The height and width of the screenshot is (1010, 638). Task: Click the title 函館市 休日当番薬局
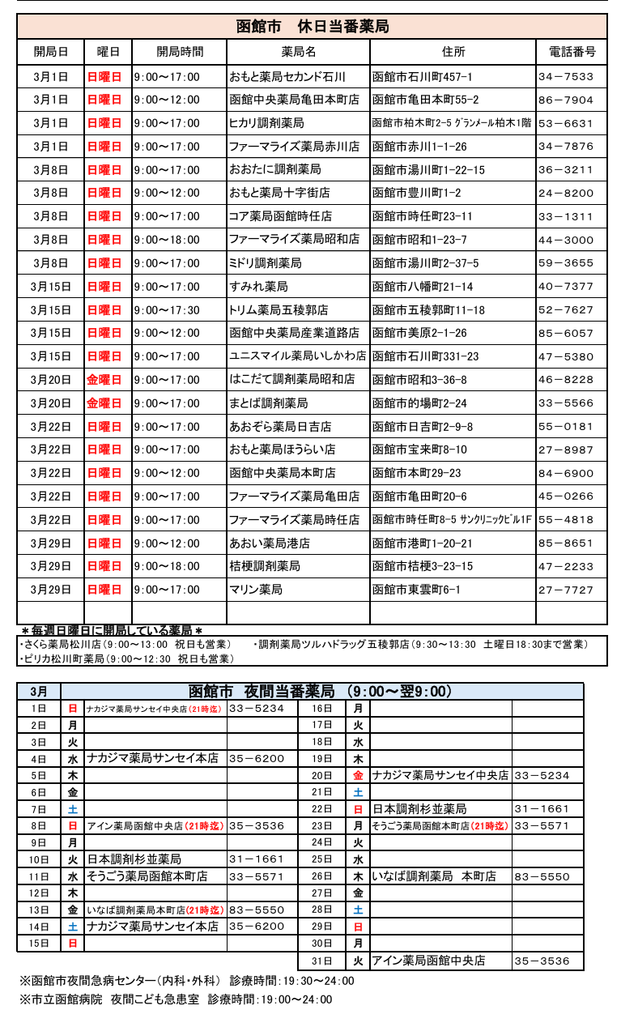pyautogui.click(x=312, y=27)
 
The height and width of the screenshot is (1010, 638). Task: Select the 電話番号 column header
pyautogui.click(x=572, y=52)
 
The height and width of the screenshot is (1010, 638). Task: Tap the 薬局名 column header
pyautogui.click(x=298, y=52)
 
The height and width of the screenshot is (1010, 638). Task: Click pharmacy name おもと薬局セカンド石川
pyautogui.click(x=287, y=77)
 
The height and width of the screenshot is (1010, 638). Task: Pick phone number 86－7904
pyautogui.click(x=565, y=100)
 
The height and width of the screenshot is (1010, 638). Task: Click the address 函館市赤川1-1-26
pyautogui.click(x=419, y=147)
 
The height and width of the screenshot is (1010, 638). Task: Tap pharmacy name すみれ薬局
pyautogui.click(x=258, y=287)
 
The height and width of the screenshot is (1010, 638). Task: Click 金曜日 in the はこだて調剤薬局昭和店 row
pyautogui.click(x=104, y=380)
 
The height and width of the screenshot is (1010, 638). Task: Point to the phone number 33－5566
pyautogui.click(x=565, y=403)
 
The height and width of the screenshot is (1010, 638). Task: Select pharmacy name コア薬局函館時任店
pyautogui.click(x=280, y=217)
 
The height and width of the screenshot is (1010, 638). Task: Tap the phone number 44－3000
pyautogui.click(x=565, y=240)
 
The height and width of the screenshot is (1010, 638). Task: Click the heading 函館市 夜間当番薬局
pyautogui.click(x=321, y=692)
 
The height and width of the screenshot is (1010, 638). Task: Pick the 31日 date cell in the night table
pyautogui.click(x=322, y=961)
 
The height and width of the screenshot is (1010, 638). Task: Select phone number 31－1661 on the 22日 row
pyautogui.click(x=542, y=809)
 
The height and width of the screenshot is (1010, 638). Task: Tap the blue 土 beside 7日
pyautogui.click(x=73, y=809)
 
